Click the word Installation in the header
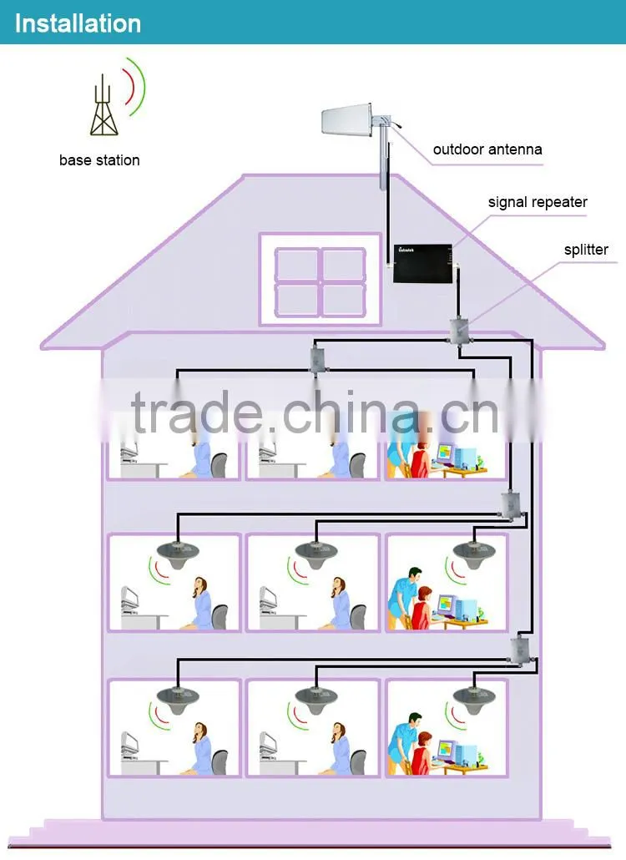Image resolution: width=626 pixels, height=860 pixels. click(78, 23)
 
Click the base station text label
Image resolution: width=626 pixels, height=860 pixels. click(99, 160)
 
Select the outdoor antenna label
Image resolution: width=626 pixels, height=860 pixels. click(487, 149)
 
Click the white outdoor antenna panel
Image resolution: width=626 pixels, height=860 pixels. click(346, 119)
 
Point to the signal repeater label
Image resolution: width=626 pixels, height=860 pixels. click(538, 202)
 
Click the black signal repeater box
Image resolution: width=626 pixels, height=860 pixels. click(422, 264)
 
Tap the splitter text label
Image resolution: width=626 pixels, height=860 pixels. click(586, 250)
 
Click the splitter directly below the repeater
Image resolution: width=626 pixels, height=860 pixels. click(459, 331)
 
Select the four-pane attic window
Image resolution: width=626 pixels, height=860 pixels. click(321, 280)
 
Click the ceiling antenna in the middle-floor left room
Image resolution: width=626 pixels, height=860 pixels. click(178, 554)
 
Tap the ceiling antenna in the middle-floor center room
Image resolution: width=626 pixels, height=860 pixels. click(316, 554)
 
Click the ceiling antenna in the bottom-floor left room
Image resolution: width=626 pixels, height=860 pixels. click(178, 701)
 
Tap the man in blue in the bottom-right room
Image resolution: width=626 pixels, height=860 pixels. click(403, 741)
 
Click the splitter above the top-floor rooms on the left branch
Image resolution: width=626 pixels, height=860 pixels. click(317, 357)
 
